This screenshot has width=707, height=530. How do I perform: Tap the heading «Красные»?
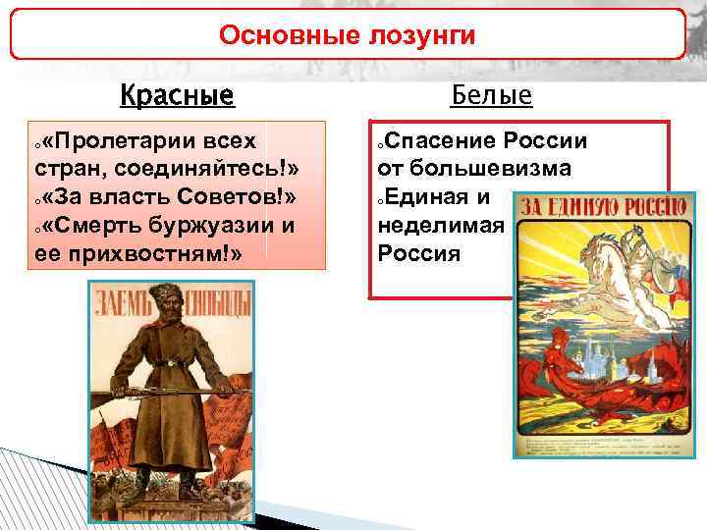click(x=177, y=96)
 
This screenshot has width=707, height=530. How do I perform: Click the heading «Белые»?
click(x=491, y=95)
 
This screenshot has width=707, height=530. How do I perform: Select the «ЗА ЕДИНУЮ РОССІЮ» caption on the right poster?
click(x=602, y=207)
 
